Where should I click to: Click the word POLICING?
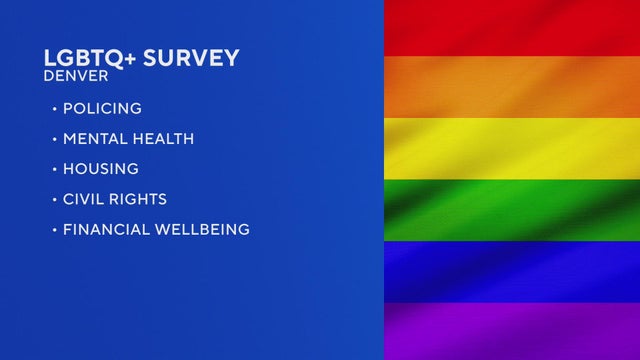coord(103,108)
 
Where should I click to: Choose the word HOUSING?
coord(101,169)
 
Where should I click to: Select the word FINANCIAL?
coord(103,230)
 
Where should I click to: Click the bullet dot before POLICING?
coord(54,108)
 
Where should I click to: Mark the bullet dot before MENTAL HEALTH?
coord(54,139)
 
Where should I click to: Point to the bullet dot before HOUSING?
coord(54,169)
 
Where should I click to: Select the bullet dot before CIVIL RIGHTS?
coord(54,200)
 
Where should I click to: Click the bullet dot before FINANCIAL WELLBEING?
coord(54,230)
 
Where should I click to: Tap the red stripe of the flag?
coord(512,27)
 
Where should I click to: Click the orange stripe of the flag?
coord(512,87)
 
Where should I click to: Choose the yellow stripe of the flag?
coord(512,148)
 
